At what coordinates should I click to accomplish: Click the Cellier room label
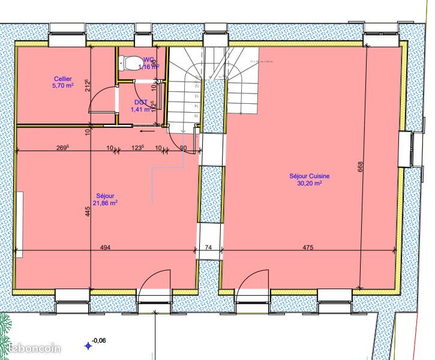coord(63,79)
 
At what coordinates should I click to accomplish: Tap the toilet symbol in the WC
coord(128,62)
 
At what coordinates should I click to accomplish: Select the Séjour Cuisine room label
coord(309,176)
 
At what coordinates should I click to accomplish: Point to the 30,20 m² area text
coord(309,184)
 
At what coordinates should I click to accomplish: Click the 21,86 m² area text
coord(106,203)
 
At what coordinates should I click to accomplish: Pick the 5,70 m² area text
coord(63,86)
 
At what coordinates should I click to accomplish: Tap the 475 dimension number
coord(308,248)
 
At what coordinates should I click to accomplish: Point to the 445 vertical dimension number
coord(88,211)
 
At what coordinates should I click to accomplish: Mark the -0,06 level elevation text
coord(99,341)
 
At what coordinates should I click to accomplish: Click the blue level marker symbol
coord(88,346)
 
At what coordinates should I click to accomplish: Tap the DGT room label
coord(141,102)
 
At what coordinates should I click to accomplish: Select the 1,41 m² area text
coord(141,109)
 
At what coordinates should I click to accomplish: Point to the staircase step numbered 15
coord(196,115)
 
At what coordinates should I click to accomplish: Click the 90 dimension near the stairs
coord(183,148)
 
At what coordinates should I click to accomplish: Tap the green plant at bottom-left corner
coord(5,327)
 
